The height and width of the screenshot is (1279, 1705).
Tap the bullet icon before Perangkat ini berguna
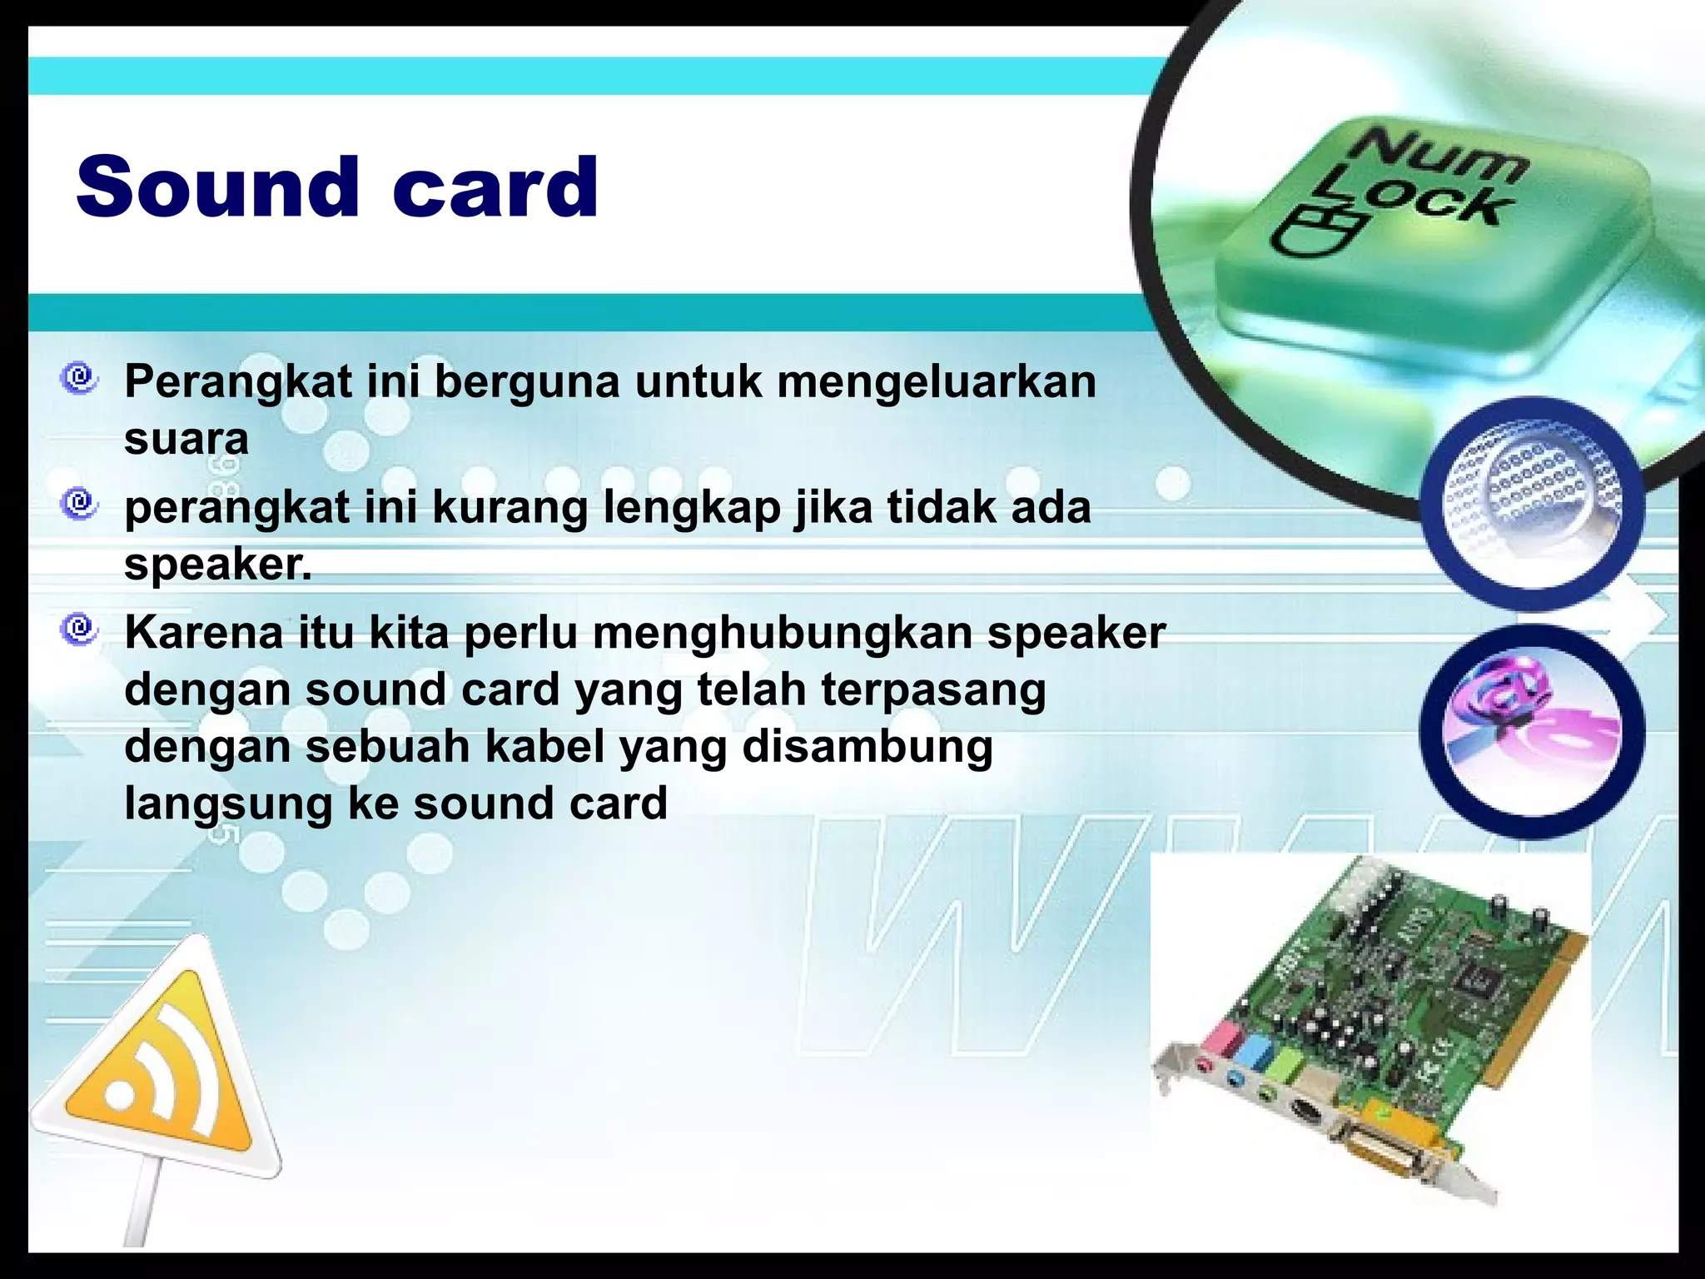point(80,379)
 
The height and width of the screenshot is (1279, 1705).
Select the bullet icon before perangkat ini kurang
point(80,504)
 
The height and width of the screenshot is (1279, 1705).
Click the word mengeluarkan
point(937,383)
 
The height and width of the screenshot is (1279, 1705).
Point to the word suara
point(186,439)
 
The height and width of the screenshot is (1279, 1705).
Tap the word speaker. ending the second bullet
point(218,565)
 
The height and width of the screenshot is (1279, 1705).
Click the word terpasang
point(933,691)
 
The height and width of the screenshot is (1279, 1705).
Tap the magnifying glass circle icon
point(1532,504)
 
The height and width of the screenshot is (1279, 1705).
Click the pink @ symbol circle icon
point(1532,731)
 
